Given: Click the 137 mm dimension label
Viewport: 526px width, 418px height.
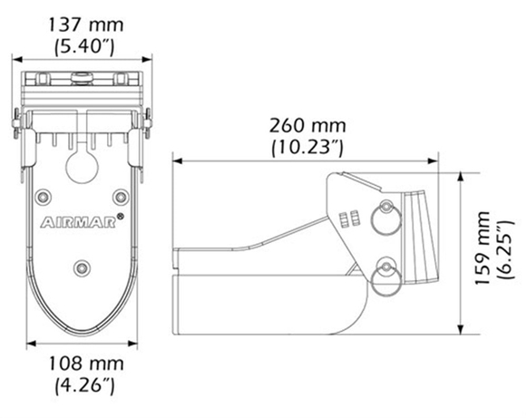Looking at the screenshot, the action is pos(86,24).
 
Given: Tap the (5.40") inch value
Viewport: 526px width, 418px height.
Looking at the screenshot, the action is pos(85,46).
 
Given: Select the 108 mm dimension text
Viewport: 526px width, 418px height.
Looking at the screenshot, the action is pos(86,364).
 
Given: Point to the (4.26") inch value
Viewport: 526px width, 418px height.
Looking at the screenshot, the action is pos(85,385).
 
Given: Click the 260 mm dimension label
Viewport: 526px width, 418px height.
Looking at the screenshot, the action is pos(307,126).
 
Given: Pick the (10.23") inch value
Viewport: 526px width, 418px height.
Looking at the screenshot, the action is pos(307,147).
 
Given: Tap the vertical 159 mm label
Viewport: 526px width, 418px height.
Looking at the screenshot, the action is pos(483,248).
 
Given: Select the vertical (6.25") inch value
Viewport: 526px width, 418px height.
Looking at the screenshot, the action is pos(505,250).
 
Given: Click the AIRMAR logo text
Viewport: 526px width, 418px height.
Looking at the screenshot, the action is pos(78,223).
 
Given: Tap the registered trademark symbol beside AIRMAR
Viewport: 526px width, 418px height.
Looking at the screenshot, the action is pos(120,217).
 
